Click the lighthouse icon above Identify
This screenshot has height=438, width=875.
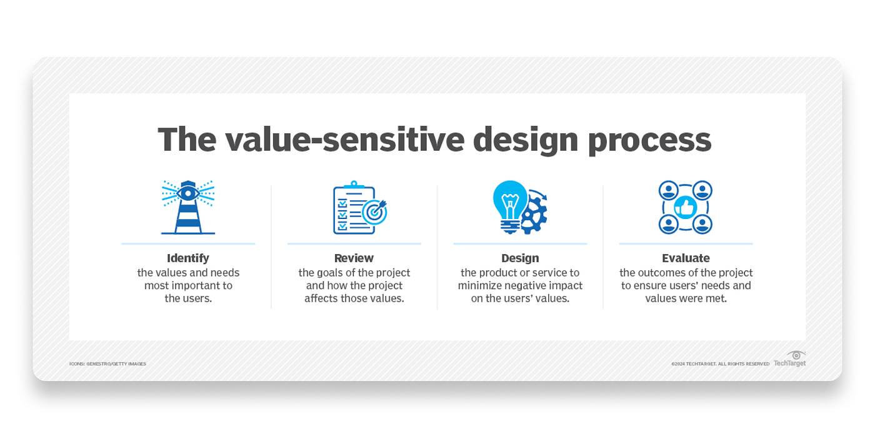pos(188,208)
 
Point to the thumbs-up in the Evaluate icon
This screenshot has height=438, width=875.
pos(686,207)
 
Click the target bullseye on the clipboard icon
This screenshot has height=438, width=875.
pos(374,211)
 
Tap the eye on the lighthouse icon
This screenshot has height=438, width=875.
pos(188,193)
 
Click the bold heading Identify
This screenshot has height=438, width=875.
pos(188,258)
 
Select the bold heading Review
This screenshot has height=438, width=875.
pos(354,258)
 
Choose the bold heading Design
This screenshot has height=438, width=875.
pos(520,258)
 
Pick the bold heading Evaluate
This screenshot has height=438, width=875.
pos(686,258)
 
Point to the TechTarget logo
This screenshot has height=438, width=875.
pos(790,359)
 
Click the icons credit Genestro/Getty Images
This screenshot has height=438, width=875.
pos(107,364)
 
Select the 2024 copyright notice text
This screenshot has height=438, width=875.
pos(720,364)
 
